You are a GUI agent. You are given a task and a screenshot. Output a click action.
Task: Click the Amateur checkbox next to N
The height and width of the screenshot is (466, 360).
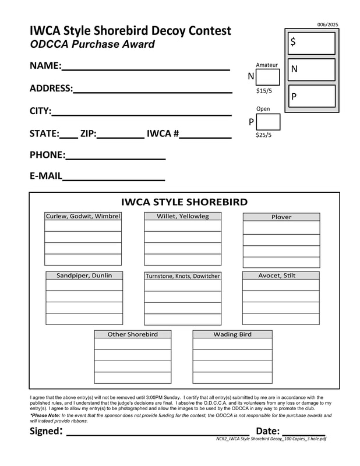click(268, 77)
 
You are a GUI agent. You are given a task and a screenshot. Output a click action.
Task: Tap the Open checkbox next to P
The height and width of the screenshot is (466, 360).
click(268, 122)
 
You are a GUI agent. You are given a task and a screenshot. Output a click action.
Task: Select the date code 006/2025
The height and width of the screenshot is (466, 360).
click(327, 24)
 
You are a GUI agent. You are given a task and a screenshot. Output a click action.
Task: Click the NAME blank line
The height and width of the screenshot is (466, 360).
click(146, 69)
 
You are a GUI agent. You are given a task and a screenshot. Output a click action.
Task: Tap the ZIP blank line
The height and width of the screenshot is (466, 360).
click(121, 137)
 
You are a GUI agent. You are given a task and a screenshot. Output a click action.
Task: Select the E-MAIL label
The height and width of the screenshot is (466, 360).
click(45, 176)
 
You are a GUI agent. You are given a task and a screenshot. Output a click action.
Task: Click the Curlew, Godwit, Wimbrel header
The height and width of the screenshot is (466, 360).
click(83, 216)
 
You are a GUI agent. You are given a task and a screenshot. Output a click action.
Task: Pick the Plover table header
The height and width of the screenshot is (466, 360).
click(281, 217)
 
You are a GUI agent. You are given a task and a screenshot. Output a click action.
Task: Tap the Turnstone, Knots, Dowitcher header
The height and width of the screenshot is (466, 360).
click(183, 276)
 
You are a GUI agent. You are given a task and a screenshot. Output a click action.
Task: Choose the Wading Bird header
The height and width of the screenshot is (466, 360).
click(232, 334)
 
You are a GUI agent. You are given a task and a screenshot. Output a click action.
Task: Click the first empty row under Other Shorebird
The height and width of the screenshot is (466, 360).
click(133, 344)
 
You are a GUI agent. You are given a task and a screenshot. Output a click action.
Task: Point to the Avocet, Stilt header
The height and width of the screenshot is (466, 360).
click(281, 276)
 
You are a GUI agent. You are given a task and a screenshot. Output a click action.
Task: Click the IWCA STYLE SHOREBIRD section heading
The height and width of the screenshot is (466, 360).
click(184, 202)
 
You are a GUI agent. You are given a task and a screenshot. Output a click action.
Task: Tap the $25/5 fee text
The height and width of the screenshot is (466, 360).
click(264, 135)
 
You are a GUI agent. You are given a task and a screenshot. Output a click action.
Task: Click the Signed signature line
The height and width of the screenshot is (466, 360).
click(157, 434)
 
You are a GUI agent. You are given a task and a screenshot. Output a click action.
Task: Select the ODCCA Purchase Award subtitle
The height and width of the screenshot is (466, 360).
click(92, 44)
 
